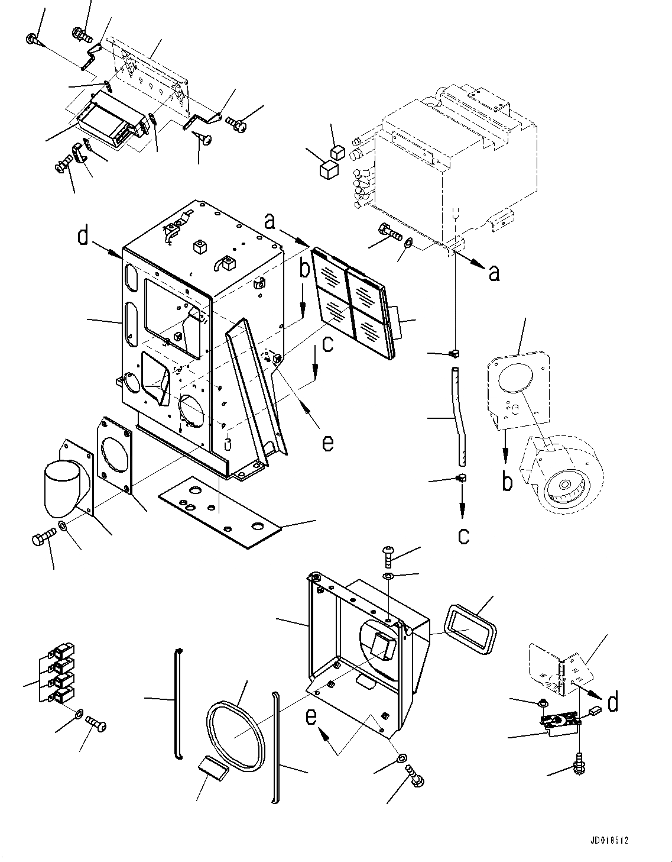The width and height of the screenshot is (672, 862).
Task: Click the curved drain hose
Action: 459,417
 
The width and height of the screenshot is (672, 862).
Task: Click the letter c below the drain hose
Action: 463,535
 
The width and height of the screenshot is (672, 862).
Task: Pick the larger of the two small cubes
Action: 328,170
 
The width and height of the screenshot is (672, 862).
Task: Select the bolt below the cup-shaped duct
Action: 43,539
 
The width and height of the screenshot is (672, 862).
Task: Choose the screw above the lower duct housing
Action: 389,556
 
